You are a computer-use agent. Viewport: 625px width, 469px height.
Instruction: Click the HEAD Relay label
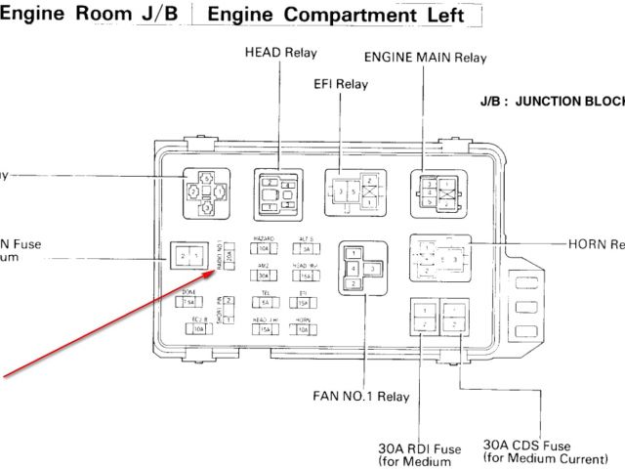280,52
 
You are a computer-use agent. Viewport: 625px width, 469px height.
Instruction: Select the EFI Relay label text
341,84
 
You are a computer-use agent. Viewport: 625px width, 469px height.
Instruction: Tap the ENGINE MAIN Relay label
425,57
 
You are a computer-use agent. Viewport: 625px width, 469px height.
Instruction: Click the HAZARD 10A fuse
264,249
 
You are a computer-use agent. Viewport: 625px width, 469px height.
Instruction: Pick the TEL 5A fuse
265,303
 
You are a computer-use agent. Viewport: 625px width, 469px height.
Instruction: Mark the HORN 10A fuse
304,330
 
